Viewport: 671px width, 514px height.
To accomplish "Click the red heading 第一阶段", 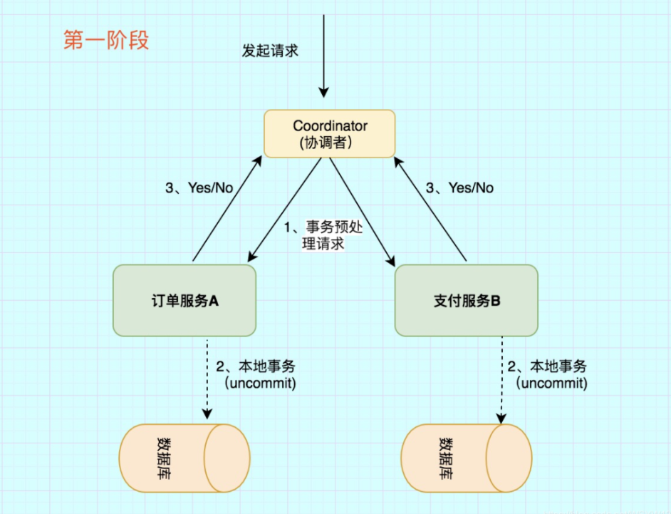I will point(106,41).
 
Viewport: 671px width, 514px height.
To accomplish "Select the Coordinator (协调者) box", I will point(330,133).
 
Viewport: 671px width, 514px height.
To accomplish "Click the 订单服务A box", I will point(184,300).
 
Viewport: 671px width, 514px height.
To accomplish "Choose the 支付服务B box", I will point(467,300).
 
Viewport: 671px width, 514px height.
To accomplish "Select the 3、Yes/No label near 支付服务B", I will point(459,188).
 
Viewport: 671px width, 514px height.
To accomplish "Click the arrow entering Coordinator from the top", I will point(324,57).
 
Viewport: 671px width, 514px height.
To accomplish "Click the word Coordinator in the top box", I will point(330,125).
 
